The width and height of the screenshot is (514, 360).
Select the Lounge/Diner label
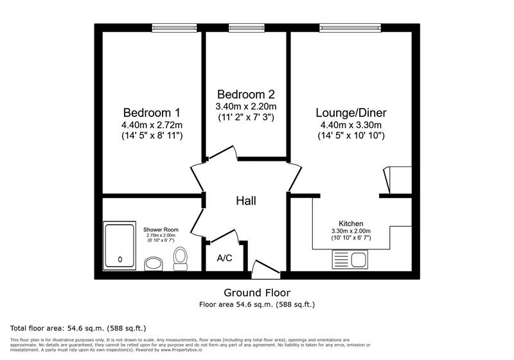[x=351, y=112]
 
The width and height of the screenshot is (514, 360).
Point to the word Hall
[x=245, y=201]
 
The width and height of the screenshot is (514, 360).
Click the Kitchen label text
[x=351, y=223]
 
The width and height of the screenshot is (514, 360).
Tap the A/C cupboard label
[x=224, y=258]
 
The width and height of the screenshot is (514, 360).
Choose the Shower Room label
[x=161, y=230]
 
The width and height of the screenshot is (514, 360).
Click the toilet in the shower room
[x=180, y=260]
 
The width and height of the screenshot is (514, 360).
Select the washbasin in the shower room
[x=154, y=264]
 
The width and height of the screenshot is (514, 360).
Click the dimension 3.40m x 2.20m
[x=245, y=106]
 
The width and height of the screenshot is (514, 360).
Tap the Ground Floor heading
[x=256, y=292]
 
